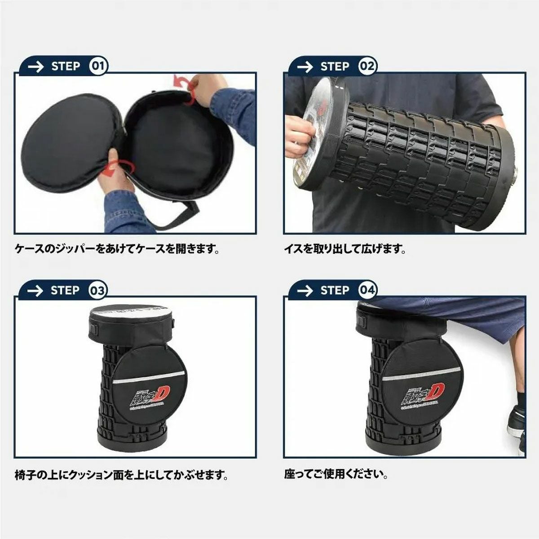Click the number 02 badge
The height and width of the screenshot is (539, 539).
[x=367, y=66]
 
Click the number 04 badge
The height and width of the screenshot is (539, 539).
[x=367, y=291]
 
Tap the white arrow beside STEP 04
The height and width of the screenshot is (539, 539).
[x=305, y=291]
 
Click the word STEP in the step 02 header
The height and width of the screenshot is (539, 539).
[x=335, y=66]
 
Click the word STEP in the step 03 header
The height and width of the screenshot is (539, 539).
[x=65, y=291]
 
